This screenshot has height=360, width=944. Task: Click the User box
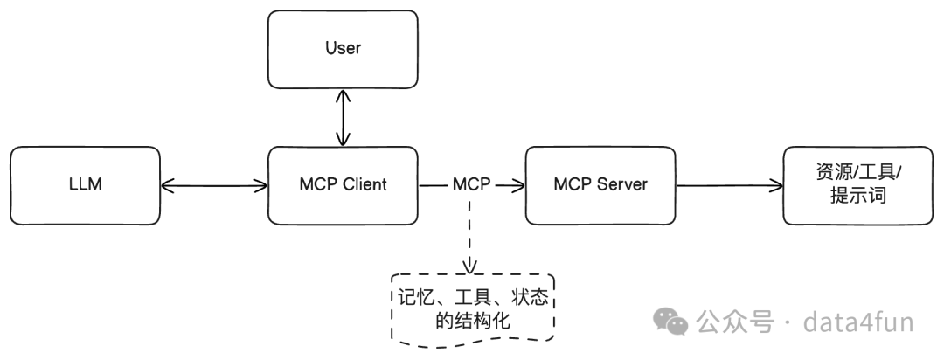(342, 48)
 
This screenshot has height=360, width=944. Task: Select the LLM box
(86, 184)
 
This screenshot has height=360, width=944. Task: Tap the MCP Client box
(342, 184)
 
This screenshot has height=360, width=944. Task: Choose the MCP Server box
(600, 184)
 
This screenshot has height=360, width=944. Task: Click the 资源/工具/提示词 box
(857, 184)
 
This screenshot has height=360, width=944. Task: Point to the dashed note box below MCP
(473, 309)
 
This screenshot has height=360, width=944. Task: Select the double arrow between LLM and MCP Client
(214, 184)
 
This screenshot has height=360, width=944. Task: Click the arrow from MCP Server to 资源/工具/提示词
(729, 184)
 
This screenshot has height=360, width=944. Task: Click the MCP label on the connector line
(472, 184)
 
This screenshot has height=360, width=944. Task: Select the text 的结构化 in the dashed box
(473, 322)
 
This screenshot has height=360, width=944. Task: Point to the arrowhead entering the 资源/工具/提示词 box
(776, 184)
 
